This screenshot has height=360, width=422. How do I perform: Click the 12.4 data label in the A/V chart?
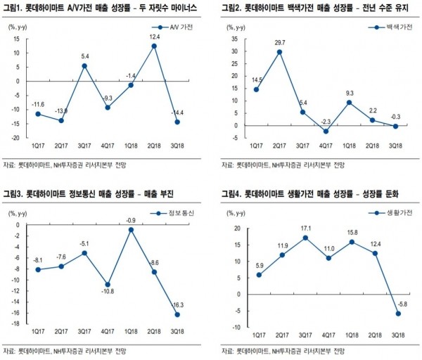tap(154, 37)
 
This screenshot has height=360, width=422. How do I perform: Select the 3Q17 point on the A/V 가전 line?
tap(84, 65)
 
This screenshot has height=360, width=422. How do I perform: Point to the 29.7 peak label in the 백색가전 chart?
tap(279, 41)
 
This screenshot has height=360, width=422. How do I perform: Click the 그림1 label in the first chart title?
tap(13, 8)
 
